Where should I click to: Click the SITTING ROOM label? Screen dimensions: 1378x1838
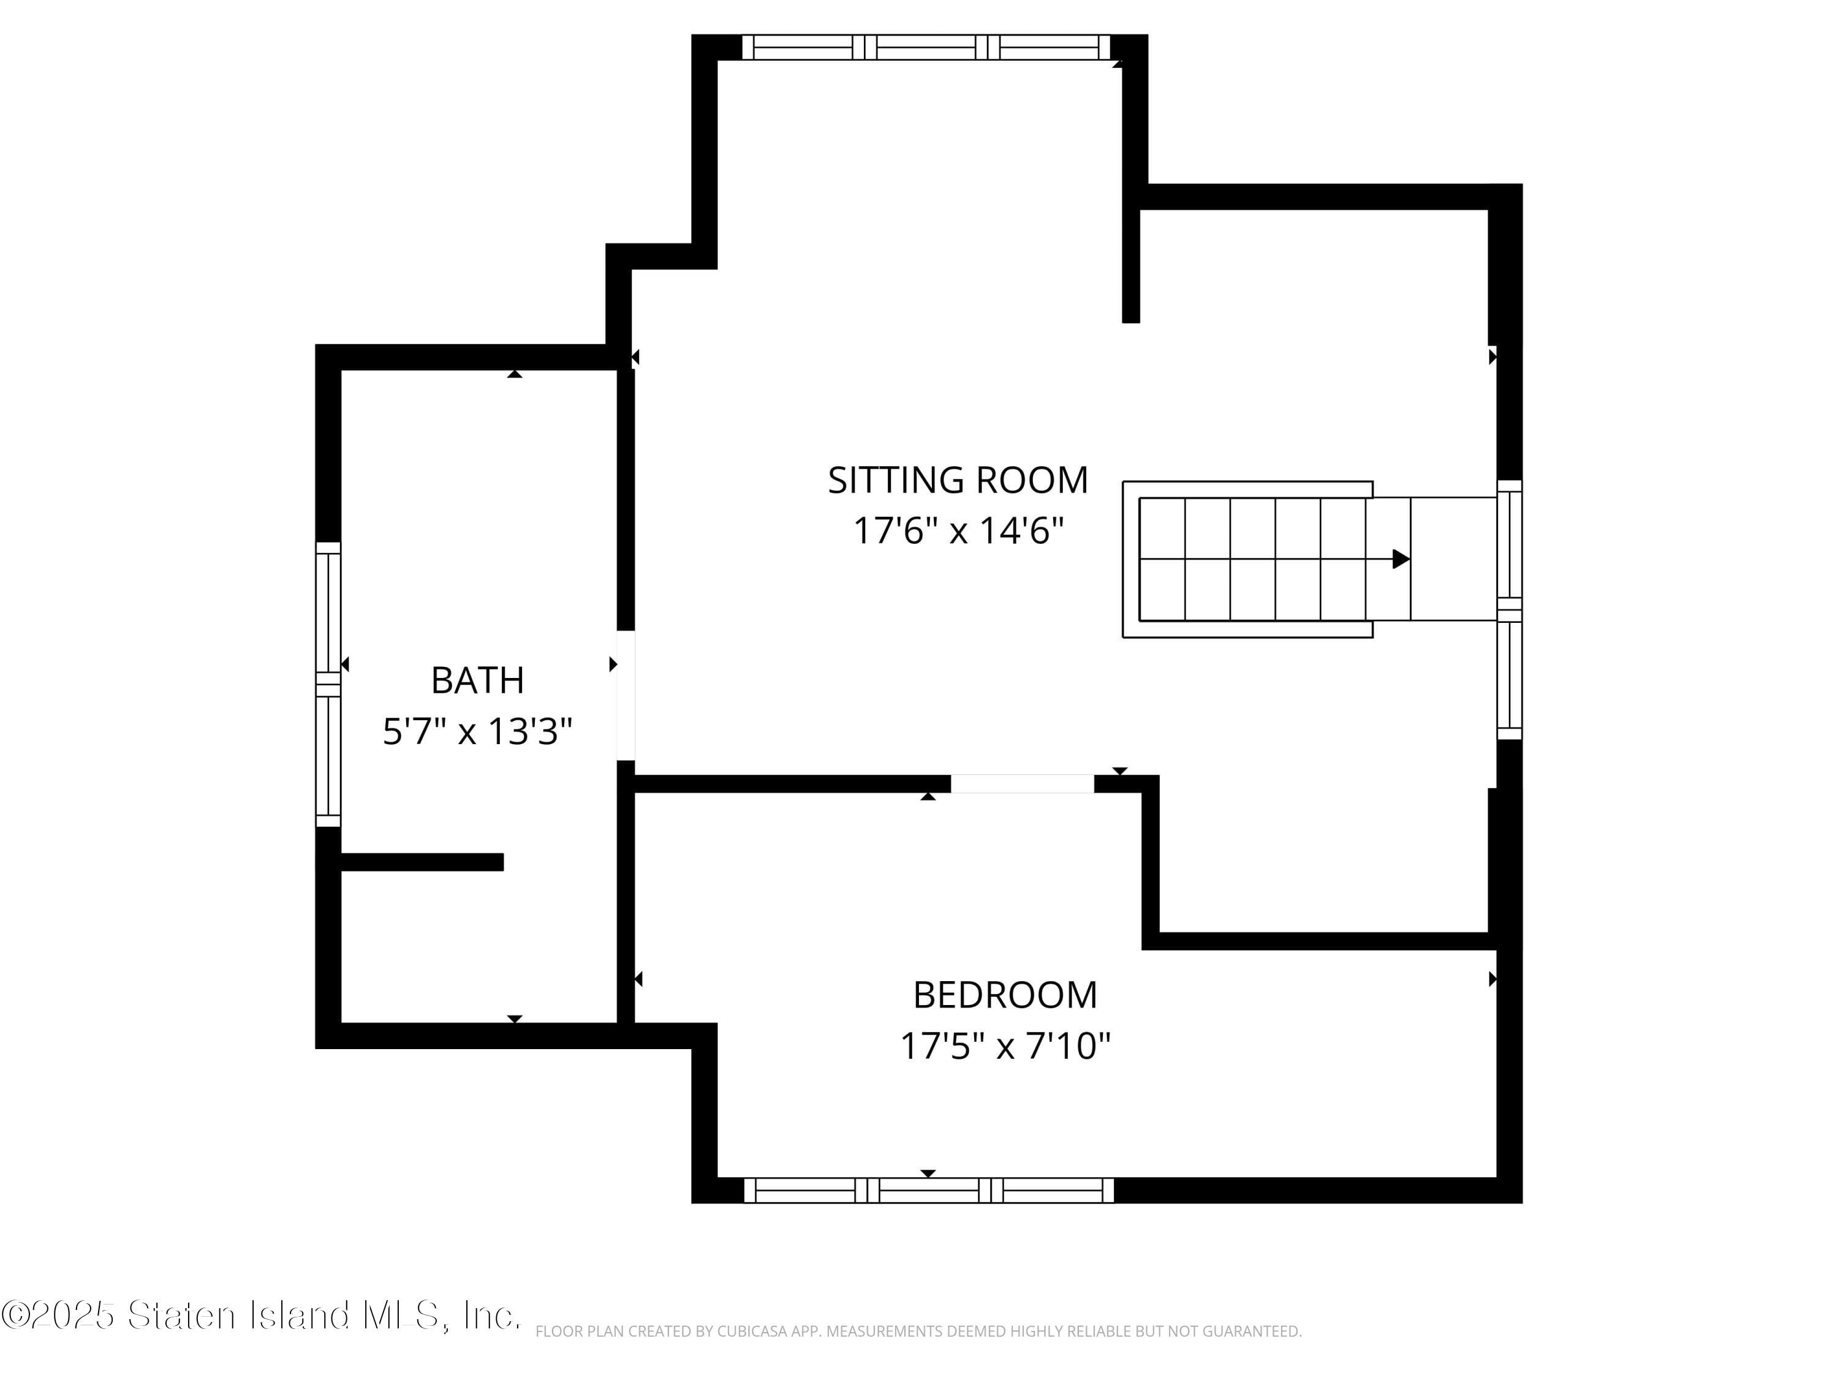[957, 480]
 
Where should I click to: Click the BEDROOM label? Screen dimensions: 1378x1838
[1005, 995]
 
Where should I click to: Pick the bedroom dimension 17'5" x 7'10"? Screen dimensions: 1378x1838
[1005, 1047]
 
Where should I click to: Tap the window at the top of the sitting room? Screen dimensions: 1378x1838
[926, 47]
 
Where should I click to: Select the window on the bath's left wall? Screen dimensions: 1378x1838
[328, 685]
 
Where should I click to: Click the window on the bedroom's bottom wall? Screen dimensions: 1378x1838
[928, 1190]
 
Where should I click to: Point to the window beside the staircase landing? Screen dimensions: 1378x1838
[1509, 609]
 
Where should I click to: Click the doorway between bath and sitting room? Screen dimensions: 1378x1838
[626, 695]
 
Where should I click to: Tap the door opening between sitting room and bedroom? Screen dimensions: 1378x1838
[1022, 783]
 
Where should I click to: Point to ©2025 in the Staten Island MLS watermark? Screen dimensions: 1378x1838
[58, 1315]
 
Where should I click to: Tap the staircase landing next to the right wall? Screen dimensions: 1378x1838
[1453, 559]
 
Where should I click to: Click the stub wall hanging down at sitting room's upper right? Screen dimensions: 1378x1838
[1131, 266]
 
